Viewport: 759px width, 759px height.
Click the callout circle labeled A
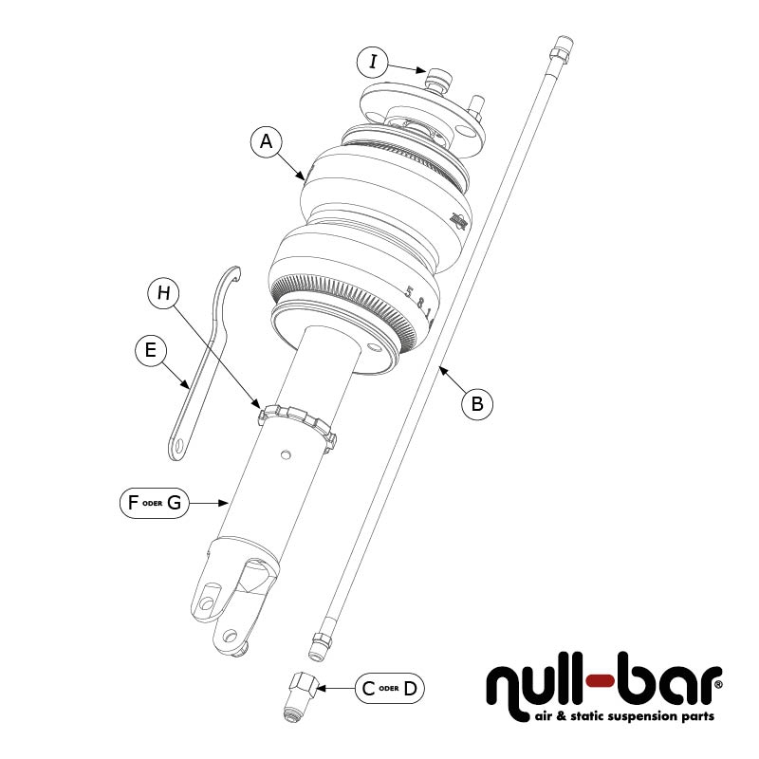click(267, 142)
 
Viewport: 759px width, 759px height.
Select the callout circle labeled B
click(477, 404)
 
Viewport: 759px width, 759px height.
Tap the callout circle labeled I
click(374, 63)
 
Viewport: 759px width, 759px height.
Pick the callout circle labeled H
click(164, 293)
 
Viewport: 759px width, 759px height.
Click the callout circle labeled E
click(149, 350)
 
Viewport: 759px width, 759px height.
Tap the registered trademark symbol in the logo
click(717, 682)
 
